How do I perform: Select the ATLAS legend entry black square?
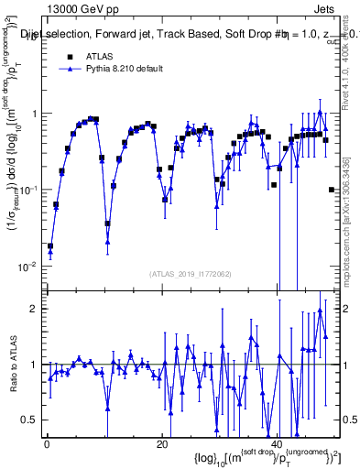pos(70,56)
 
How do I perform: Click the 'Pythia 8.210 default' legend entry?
pos(130,69)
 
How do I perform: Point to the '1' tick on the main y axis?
pos(34,114)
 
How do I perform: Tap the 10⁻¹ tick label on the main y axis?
pos(29,190)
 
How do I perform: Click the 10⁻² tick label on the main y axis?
pos(29,267)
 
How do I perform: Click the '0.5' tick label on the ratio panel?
pos(29,420)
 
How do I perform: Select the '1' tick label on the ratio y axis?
pos(34,365)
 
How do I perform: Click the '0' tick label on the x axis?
pos(47,444)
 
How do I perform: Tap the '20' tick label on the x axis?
pos(162,444)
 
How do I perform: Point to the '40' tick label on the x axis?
pos(278,444)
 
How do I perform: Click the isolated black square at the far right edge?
pos(332,190)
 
